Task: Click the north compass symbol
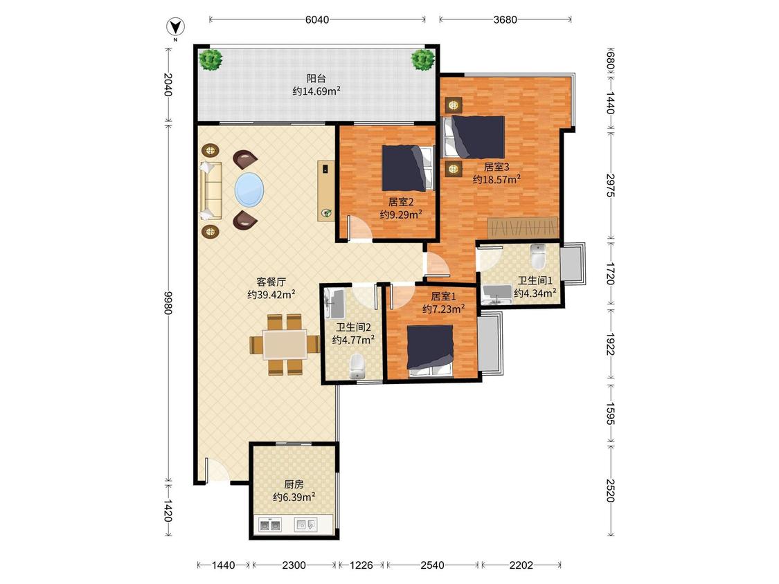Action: pyautogui.click(x=175, y=27)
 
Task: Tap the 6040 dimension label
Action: pyautogui.click(x=317, y=19)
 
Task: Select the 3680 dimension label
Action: pyautogui.click(x=505, y=19)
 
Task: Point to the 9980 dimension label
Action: pyautogui.click(x=168, y=302)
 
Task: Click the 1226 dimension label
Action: pyautogui.click(x=361, y=565)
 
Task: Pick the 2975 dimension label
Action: pyautogui.click(x=611, y=185)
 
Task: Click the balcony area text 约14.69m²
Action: pyautogui.click(x=316, y=91)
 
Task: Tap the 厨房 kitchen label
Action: pyautogui.click(x=294, y=484)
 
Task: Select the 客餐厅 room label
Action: pyautogui.click(x=271, y=282)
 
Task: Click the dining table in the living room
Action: pyautogui.click(x=285, y=345)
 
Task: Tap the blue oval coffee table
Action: pyautogui.click(x=249, y=190)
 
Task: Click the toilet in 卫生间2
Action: pyautogui.click(x=357, y=366)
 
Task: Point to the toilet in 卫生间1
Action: pyautogui.click(x=538, y=256)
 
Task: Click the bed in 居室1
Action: pyautogui.click(x=430, y=351)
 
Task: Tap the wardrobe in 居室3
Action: pyautogui.click(x=523, y=228)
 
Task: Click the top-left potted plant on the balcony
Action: pyautogui.click(x=211, y=60)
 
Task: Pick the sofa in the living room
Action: pyautogui.click(x=210, y=190)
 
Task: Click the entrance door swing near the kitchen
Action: pyautogui.click(x=215, y=469)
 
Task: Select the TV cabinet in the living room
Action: pyautogui.click(x=326, y=191)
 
